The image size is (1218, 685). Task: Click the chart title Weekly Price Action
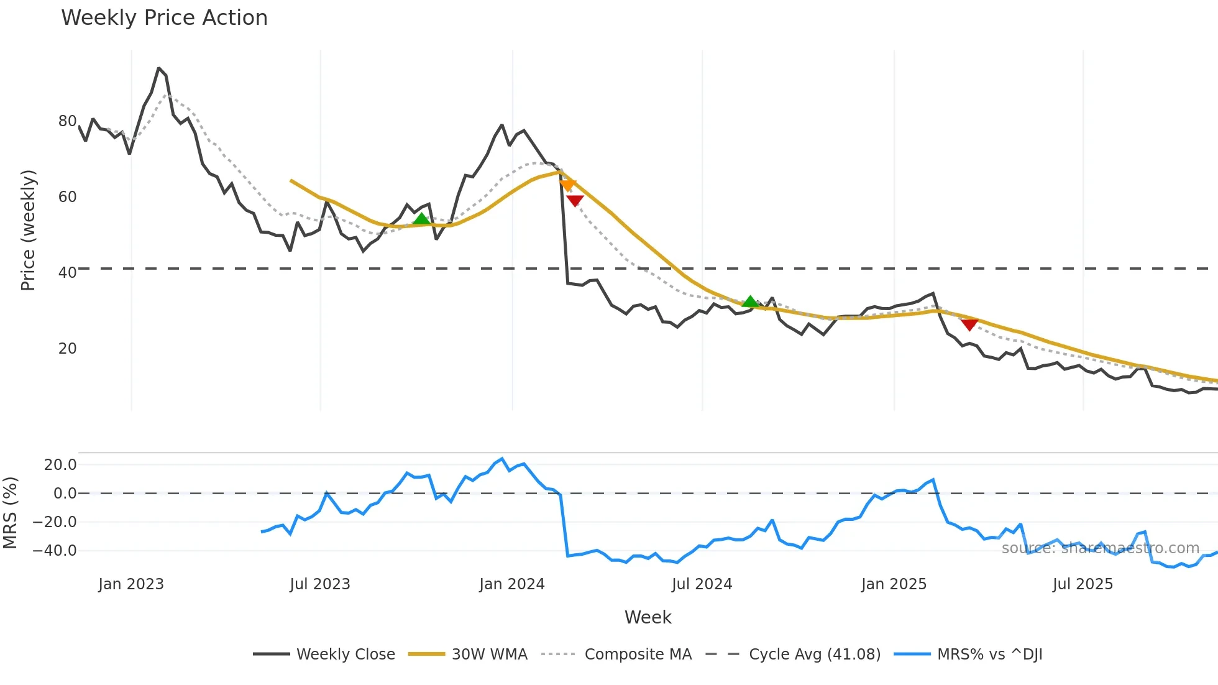pyautogui.click(x=164, y=18)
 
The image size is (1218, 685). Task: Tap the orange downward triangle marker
pyautogui.click(x=567, y=185)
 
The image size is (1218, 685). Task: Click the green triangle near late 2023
pyautogui.click(x=421, y=219)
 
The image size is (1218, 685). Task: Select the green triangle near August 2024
pyautogui.click(x=750, y=302)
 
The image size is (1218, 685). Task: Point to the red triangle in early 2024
pyautogui.click(x=575, y=200)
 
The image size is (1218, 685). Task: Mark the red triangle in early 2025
pyautogui.click(x=969, y=324)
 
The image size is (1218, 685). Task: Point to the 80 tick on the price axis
pyautogui.click(x=67, y=121)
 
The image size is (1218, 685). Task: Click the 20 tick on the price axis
pyautogui.click(x=67, y=349)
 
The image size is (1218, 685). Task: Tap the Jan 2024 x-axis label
pyautogui.click(x=511, y=584)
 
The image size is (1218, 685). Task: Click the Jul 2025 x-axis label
pyautogui.click(x=1083, y=584)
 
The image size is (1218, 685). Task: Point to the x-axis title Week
pyautogui.click(x=648, y=617)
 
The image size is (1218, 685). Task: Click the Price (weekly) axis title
pyautogui.click(x=28, y=230)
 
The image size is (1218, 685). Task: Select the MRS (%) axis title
pyautogui.click(x=10, y=513)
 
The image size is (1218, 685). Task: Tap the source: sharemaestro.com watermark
pyautogui.click(x=1100, y=548)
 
